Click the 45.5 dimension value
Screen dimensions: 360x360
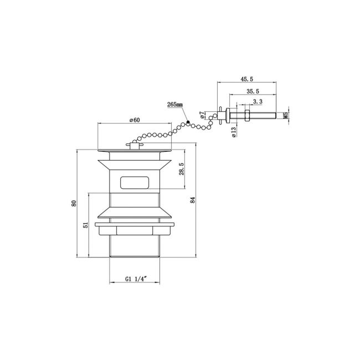[x=247, y=79]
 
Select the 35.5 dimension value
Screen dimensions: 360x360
[x=253, y=91]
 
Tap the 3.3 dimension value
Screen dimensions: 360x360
[x=258, y=101]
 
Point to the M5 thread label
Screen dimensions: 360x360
[x=285, y=116]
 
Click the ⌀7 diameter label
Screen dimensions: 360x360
[x=202, y=115]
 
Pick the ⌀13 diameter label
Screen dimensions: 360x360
[x=234, y=132]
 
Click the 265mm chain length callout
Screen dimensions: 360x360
[x=175, y=105]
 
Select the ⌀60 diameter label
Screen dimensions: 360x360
[x=135, y=120]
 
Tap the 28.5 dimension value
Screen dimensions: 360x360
[x=182, y=169]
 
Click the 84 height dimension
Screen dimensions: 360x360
[x=193, y=200]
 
